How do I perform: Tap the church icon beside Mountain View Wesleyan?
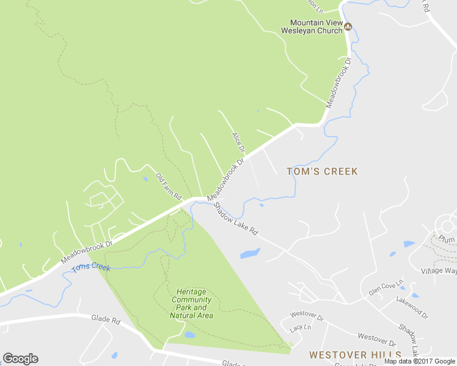pos(348,26)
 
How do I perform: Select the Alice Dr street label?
pos(238,142)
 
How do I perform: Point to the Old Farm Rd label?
pos(169,187)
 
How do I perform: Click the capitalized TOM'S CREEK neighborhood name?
pos(322,171)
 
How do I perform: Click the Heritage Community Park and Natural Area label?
pos(191,303)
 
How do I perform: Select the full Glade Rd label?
pos(106,318)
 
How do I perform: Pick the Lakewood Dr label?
pos(412,307)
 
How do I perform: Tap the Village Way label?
pos(439,270)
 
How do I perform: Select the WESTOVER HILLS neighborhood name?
pos(355,355)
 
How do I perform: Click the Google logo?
pos(20,359)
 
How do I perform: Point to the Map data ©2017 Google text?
pos(420,361)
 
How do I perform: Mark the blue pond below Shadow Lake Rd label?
pos(250,253)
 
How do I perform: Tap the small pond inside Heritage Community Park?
pos(189,335)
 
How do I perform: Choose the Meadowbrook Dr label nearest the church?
pos(339,83)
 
